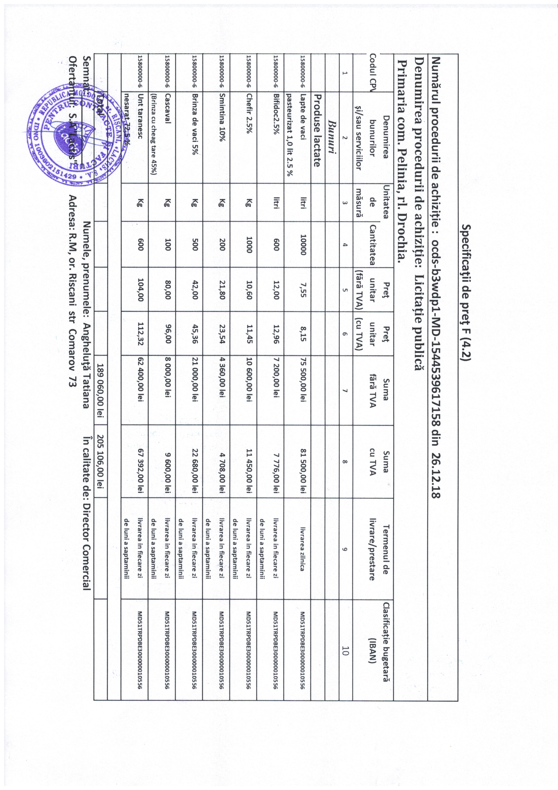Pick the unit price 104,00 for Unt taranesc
point(140,290)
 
